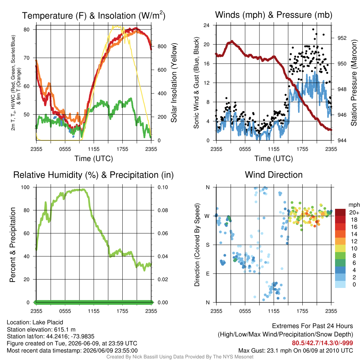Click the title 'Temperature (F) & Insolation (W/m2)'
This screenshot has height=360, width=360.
pyautogui.click(x=94, y=15)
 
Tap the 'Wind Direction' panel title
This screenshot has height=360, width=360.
pyautogui.click(x=274, y=175)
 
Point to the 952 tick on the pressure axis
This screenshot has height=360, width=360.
pyautogui.click(x=342, y=38)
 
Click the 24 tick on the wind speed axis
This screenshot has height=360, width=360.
pyautogui.click(x=206, y=25)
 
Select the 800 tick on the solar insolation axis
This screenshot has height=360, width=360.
pyautogui.click(x=162, y=46)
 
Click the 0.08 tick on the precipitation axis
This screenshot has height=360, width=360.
pyautogui.click(x=163, y=210)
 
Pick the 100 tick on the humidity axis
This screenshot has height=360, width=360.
pyautogui.click(x=25, y=187)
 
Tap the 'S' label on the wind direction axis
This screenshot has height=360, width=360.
pyautogui.click(x=207, y=245)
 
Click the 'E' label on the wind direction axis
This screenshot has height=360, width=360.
pyautogui.click(x=207, y=274)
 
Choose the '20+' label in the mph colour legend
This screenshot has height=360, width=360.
pyautogui.click(x=354, y=212)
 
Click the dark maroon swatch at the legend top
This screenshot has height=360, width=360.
pyautogui.click(x=340, y=212)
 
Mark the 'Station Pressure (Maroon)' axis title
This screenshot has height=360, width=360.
pyautogui.click(x=354, y=83)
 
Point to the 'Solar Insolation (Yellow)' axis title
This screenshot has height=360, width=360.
pyautogui.click(x=174, y=83)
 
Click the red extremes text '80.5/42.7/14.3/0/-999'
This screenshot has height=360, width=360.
pyautogui.click(x=322, y=343)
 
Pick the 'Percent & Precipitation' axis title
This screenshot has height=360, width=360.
pyautogui.click(x=13, y=245)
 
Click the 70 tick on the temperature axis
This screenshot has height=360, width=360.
pyautogui.click(x=27, y=58)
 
